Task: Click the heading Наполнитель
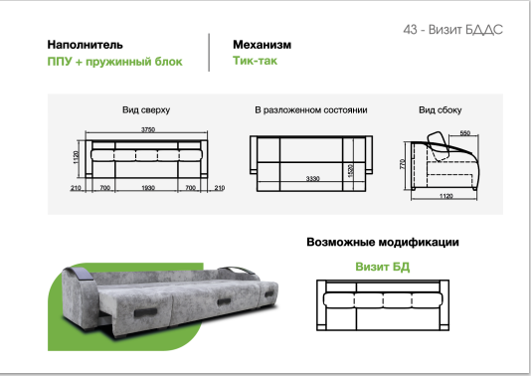point(86,45)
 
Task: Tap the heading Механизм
point(262,45)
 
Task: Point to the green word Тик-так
point(256,62)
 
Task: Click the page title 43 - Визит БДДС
point(453,30)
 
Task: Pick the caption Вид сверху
point(146,109)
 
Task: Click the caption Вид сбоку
point(441,109)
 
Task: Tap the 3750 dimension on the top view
point(149,129)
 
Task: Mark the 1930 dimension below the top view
point(147,187)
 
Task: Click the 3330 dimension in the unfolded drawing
point(311,179)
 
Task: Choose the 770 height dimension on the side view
point(402,162)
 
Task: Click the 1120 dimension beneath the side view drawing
point(444,198)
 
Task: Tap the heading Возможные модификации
point(382,242)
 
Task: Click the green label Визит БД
point(383,267)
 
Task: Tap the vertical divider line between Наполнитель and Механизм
point(210,53)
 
